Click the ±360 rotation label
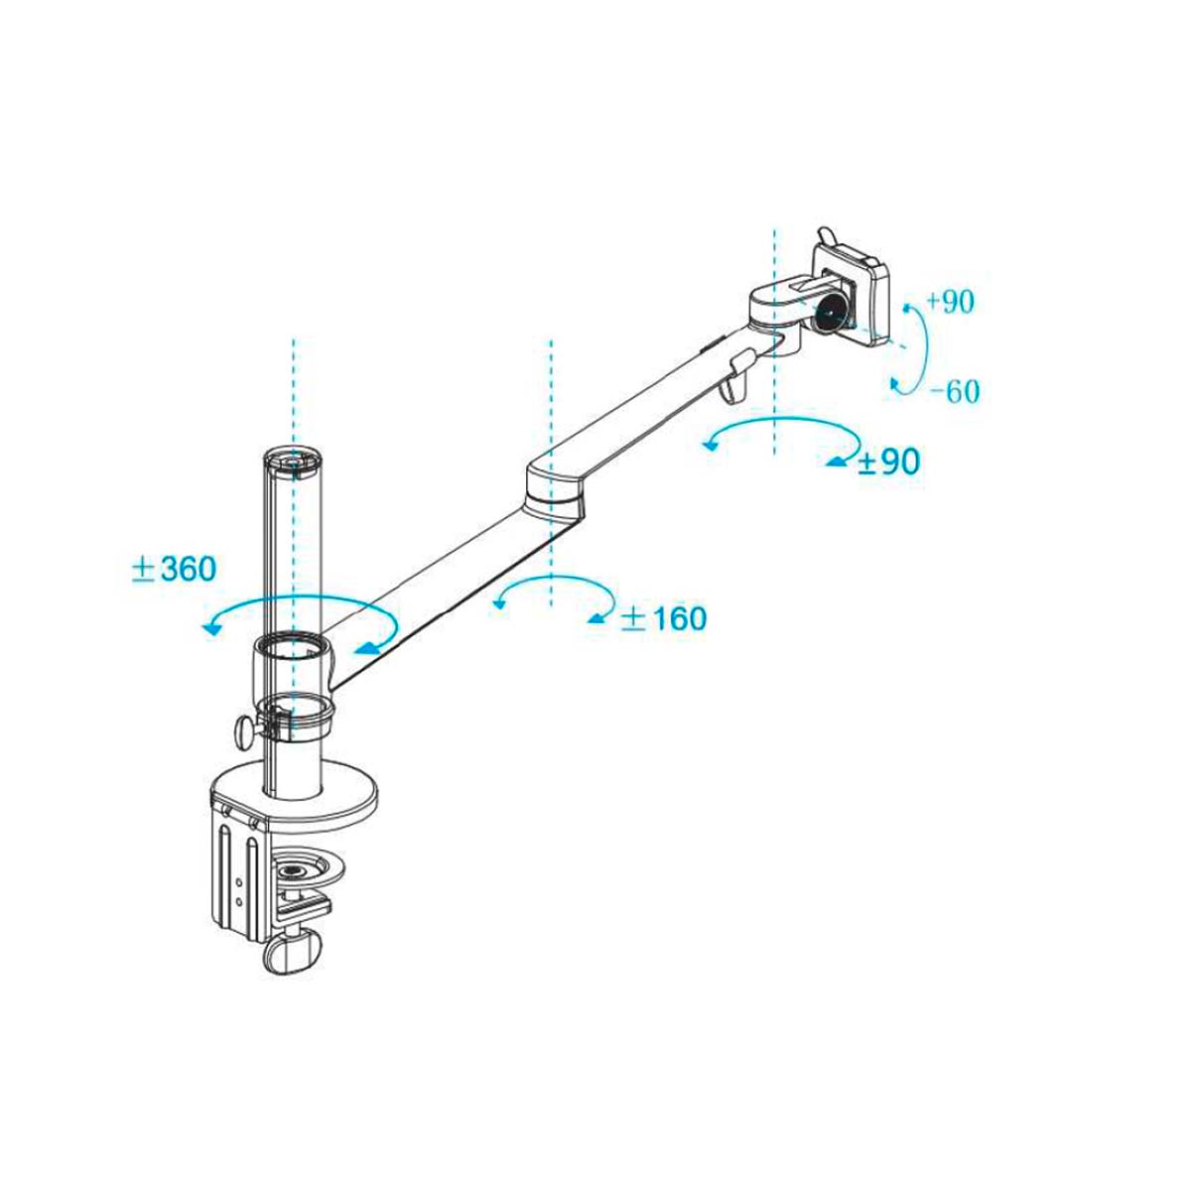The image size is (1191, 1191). coord(174,569)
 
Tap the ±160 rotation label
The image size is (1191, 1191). coord(664,618)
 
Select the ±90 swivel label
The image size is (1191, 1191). coord(888,461)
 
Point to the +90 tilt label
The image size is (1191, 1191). coord(950,302)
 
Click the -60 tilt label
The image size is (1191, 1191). coord(956,391)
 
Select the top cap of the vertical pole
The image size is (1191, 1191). coord(294,461)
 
